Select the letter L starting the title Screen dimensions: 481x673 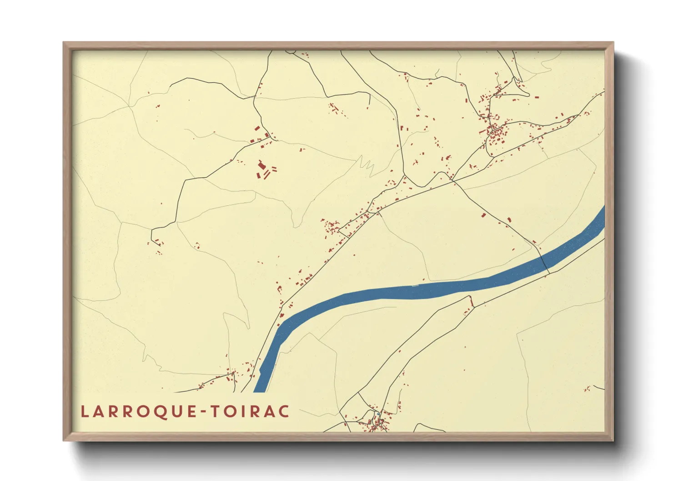point(84,411)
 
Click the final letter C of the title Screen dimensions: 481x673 point(284,411)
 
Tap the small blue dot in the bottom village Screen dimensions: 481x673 point(377,413)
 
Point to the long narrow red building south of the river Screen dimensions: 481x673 point(471,301)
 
